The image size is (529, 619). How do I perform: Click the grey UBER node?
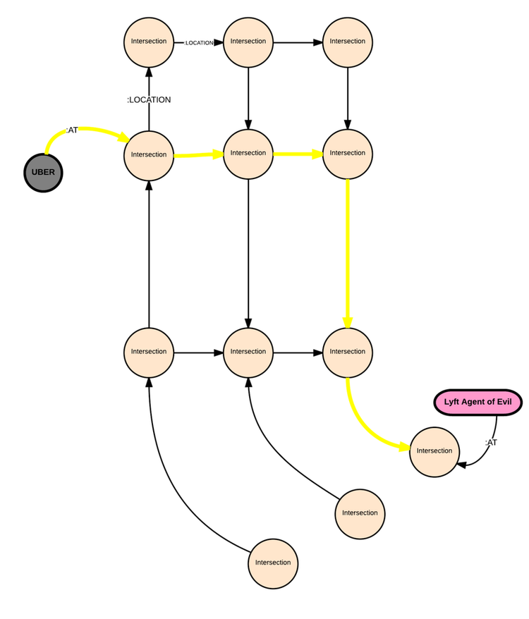(43, 173)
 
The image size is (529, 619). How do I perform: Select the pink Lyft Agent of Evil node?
(478, 403)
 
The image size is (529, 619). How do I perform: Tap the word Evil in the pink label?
(504, 402)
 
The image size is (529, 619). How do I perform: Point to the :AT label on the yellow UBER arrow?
(72, 130)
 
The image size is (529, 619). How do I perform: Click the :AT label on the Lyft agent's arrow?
(491, 443)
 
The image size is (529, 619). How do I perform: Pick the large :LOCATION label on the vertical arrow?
(149, 100)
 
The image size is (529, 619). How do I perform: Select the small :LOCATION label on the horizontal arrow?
(199, 42)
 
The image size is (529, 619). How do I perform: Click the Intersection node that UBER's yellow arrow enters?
(149, 155)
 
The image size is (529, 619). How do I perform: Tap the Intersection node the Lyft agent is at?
(434, 452)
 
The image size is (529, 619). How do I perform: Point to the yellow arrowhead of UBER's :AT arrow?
(124, 137)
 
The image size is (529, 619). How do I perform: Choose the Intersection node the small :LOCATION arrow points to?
(248, 42)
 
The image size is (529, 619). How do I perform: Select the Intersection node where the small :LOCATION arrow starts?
(149, 42)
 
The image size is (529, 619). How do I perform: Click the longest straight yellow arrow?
(348, 254)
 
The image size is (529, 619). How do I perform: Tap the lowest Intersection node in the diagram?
(273, 563)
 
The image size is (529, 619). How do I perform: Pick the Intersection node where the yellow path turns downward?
(348, 154)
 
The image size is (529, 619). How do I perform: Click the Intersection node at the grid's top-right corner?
(348, 42)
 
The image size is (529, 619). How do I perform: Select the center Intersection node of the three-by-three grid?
(248, 154)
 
